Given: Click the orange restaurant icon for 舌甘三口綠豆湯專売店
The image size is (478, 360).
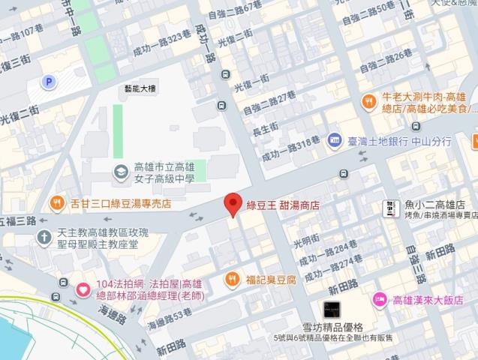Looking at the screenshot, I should pyautogui.click(x=57, y=202).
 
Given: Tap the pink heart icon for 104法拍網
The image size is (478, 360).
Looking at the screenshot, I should pyautogui.click(x=82, y=287).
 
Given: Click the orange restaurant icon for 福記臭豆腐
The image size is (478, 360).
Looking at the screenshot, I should pyautogui.click(x=233, y=280).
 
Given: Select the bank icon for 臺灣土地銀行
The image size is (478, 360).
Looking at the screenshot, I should pyautogui.click(x=335, y=140).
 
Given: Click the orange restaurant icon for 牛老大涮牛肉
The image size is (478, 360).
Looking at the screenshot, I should pyautogui.click(x=368, y=102).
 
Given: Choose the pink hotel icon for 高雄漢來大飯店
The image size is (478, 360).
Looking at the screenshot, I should pyautogui.click(x=380, y=298).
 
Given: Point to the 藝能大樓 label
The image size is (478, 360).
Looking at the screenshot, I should pyautogui.click(x=140, y=87).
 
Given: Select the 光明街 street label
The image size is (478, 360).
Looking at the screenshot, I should pyautogui.click(x=305, y=241).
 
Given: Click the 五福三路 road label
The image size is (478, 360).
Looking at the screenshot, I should pyautogui.click(x=19, y=221).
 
